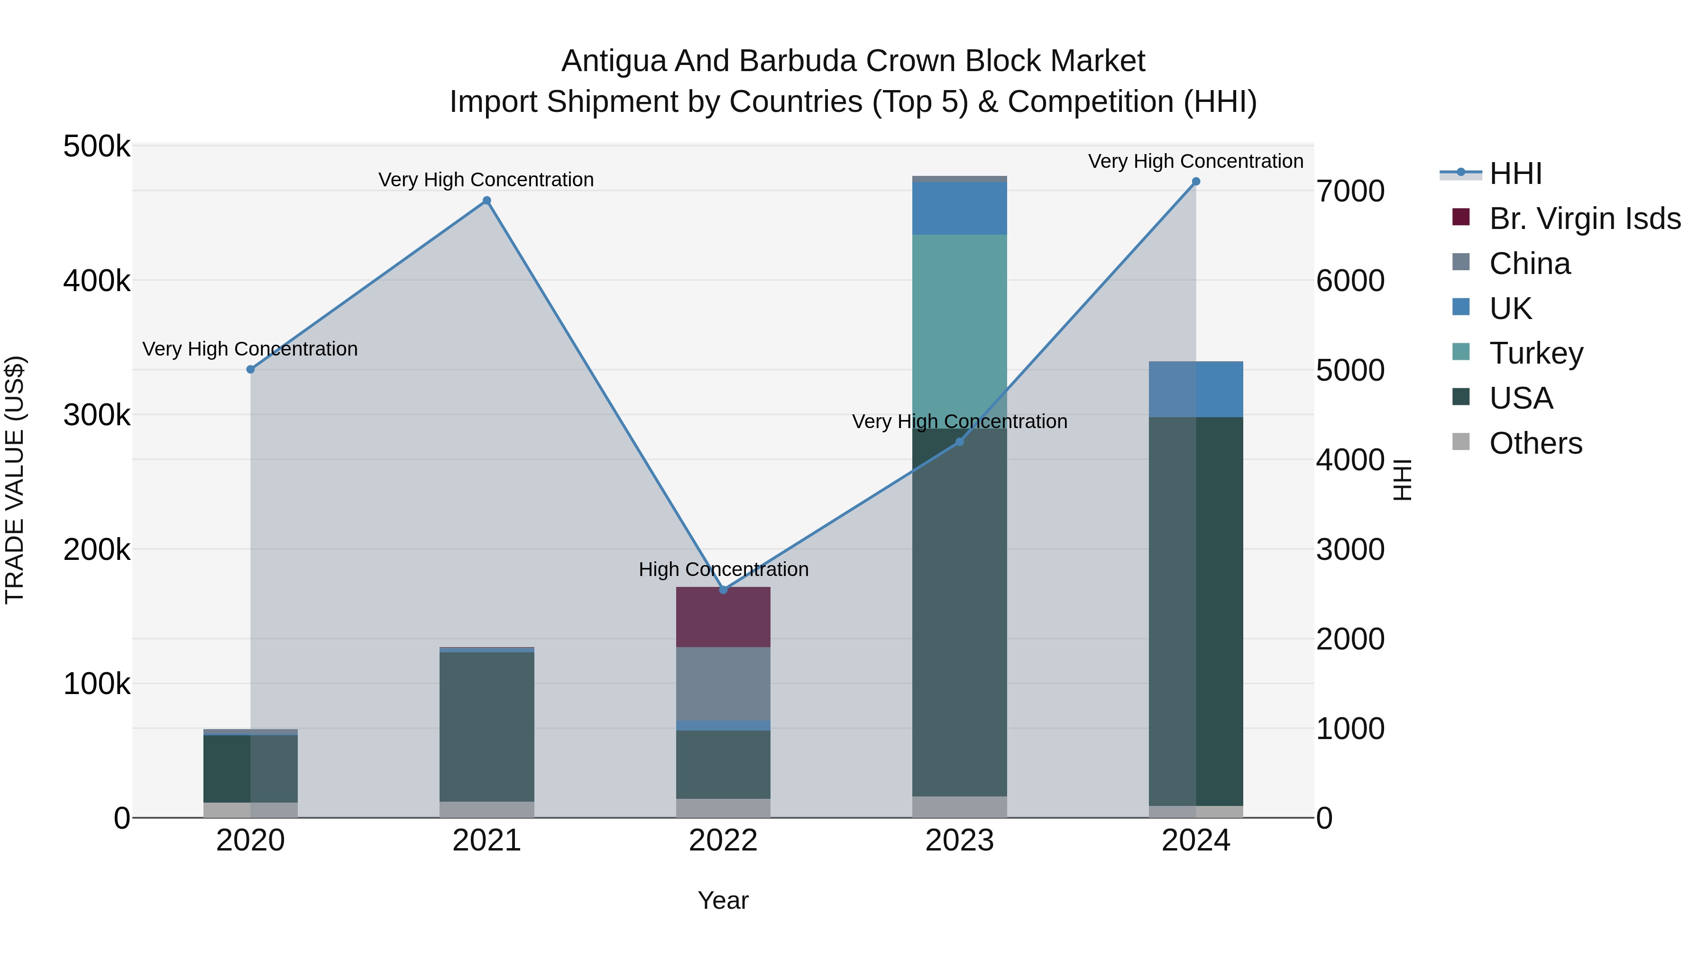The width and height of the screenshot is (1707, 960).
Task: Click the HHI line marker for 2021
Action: pyautogui.click(x=486, y=201)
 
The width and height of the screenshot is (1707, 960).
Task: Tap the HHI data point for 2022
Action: pyautogui.click(x=723, y=590)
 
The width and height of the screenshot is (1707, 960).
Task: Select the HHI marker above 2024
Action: pyautogui.click(x=1195, y=182)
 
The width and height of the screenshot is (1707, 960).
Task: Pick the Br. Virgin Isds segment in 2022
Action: pyautogui.click(x=723, y=617)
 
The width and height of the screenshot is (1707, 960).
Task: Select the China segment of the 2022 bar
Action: pyautogui.click(x=723, y=684)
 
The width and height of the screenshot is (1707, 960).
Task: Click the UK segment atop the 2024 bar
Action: pyautogui.click(x=1195, y=390)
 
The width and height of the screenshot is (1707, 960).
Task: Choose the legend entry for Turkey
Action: pyautogui.click(x=1535, y=353)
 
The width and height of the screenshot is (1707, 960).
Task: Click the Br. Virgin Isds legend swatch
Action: pyautogui.click(x=1460, y=217)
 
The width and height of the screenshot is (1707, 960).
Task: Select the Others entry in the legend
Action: pyautogui.click(x=1535, y=443)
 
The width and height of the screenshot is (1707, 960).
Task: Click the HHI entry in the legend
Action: pyautogui.click(x=1515, y=174)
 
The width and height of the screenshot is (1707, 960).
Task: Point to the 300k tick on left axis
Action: pyautogui.click(x=97, y=415)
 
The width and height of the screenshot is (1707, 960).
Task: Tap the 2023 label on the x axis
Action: pyautogui.click(x=960, y=841)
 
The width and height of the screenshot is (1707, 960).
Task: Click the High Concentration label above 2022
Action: pyautogui.click(x=723, y=570)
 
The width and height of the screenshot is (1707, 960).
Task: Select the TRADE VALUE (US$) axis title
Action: pyautogui.click(x=15, y=480)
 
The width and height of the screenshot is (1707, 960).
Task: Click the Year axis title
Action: pyautogui.click(x=723, y=900)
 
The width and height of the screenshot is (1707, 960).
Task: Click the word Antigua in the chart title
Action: pyautogui.click(x=613, y=61)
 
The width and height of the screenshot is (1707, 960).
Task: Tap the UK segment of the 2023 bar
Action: pyautogui.click(x=960, y=208)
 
